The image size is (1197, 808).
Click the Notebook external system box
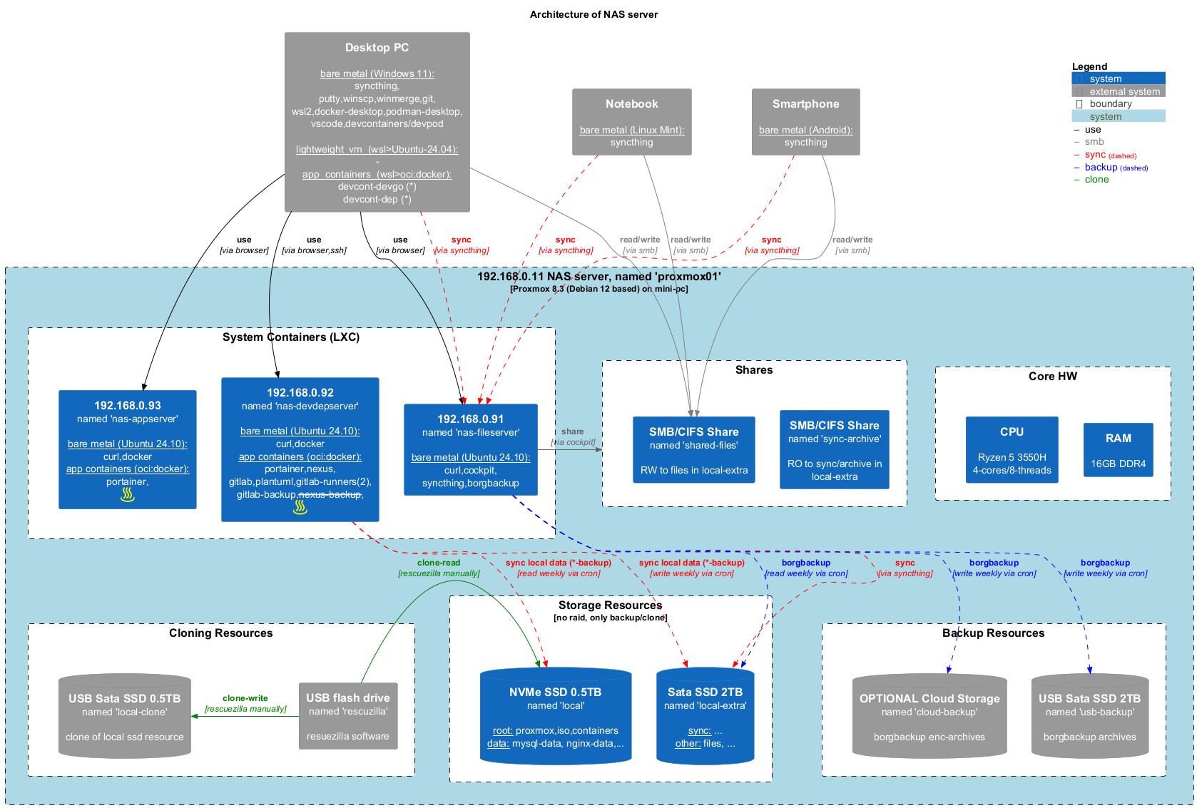point(631,121)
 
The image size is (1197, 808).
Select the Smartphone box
point(805,121)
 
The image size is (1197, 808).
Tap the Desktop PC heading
point(377,48)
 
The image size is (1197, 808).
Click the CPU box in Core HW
point(1012,449)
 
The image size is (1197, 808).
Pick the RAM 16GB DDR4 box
point(1118,449)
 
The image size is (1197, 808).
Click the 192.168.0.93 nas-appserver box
point(127,449)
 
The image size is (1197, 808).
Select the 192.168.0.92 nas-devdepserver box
point(300,449)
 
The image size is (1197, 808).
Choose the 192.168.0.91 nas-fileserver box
point(470,449)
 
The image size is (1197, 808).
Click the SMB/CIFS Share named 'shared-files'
point(693,449)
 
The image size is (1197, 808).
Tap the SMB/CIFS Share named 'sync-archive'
point(834,449)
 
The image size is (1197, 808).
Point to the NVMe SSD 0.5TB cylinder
point(555,716)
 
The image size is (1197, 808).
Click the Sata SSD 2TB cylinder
point(705,716)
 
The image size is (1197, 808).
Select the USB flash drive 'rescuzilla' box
point(347,716)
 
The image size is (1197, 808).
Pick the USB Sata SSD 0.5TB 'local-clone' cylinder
point(124,716)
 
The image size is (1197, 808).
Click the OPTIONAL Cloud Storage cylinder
point(929,716)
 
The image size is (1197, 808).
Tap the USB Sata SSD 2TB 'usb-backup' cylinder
point(1089,716)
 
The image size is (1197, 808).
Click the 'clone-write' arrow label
point(245,698)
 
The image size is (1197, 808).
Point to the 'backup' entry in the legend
point(1101,168)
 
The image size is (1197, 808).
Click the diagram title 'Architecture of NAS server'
point(594,14)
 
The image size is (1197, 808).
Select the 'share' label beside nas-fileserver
point(572,431)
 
